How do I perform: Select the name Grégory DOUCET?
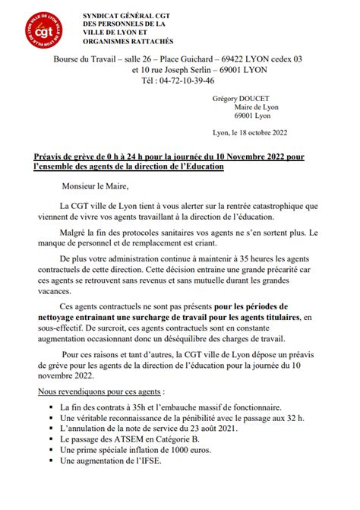tap(245, 98)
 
